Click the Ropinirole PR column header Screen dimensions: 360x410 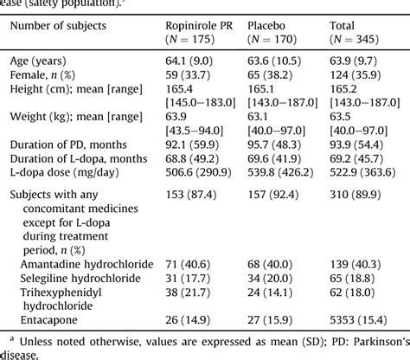click(201, 26)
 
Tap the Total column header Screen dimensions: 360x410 click(346, 26)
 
